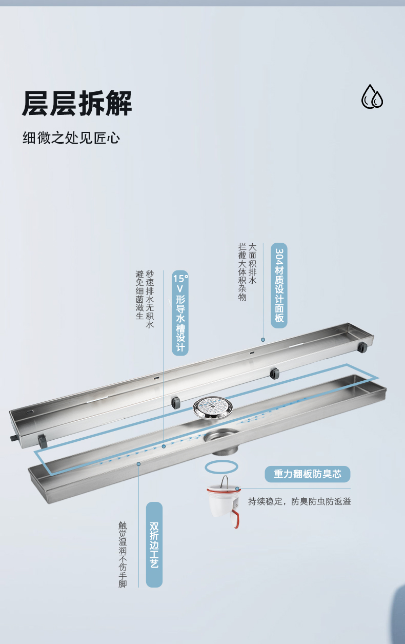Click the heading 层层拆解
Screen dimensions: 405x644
[77, 103]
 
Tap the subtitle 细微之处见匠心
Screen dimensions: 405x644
[71, 138]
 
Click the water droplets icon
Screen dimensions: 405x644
[372, 96]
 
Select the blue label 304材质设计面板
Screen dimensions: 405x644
[279, 285]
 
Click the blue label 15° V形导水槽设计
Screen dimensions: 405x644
[180, 313]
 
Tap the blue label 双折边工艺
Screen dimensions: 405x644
[154, 544]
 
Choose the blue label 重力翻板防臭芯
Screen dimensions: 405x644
[308, 474]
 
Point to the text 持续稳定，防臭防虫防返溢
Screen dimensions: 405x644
[299, 502]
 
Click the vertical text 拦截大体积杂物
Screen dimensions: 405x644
[242, 272]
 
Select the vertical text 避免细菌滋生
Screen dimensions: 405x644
[139, 295]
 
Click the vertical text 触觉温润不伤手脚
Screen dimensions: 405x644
[123, 555]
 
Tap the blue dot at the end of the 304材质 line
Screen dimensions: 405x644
[263, 340]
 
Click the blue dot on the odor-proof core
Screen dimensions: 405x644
[237, 489]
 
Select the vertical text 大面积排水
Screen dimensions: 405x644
[252, 264]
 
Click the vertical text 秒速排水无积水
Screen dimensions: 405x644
[150, 299]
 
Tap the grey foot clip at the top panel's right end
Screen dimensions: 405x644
[362, 347]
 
